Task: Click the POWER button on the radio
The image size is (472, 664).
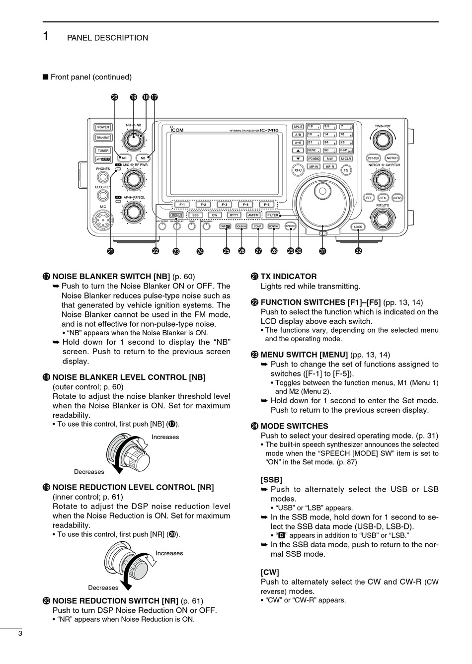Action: pyautogui.click(x=103, y=128)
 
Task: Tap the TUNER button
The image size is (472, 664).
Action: pyautogui.click(x=103, y=150)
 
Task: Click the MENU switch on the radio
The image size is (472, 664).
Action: pyautogui.click(x=176, y=216)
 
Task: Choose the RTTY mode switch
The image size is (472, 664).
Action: pyautogui.click(x=234, y=216)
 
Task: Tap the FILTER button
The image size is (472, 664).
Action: pyautogui.click(x=273, y=216)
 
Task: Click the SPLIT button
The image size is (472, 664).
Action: pyautogui.click(x=298, y=127)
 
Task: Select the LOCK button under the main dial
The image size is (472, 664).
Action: pyautogui.click(x=358, y=227)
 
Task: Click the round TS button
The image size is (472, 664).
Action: pyautogui.click(x=346, y=170)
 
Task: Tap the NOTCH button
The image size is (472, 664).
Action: pyautogui.click(x=393, y=158)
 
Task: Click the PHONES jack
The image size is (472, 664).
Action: pyautogui.click(x=103, y=178)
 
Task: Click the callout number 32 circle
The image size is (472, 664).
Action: pyautogui.click(x=358, y=251)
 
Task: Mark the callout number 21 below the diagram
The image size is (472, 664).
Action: pyautogui.click(x=110, y=251)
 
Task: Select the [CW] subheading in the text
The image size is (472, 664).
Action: pyautogui.click(x=270, y=572)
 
